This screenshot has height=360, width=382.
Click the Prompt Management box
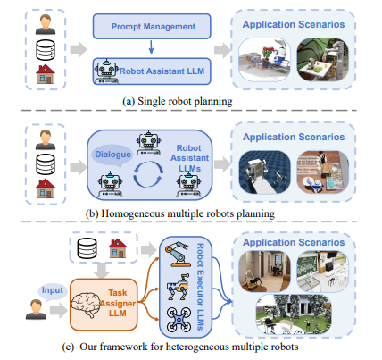[152, 26]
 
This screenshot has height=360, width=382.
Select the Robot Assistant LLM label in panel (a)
[162, 71]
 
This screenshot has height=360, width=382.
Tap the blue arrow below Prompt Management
[151, 47]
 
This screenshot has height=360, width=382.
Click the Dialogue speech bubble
[112, 155]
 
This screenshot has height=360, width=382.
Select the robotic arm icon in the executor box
[178, 255]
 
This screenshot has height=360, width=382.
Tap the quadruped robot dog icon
[178, 287]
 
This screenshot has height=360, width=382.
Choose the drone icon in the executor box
[179, 320]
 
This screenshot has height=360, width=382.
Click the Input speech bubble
[52, 290]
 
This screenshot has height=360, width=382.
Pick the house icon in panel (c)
[118, 248]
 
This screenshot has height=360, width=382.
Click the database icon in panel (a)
[46, 50]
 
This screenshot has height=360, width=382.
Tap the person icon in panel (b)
[46, 139]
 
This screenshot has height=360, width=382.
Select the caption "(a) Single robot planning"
[178, 101]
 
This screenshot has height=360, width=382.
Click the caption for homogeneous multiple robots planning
[180, 213]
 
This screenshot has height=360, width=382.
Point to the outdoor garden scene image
[294, 314]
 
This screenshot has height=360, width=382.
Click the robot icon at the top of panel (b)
[148, 143]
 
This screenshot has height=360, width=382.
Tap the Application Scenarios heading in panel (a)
[294, 24]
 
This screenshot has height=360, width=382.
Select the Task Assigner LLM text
[118, 303]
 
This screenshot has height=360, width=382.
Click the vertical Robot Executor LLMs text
[201, 287]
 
